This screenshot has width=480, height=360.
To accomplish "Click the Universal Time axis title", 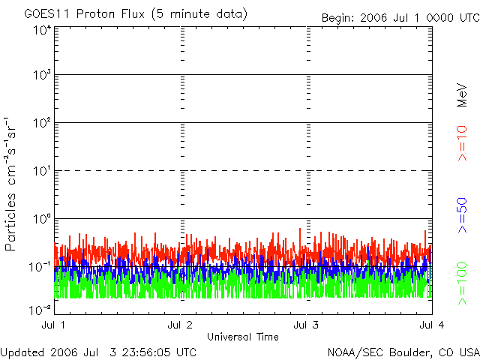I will (x=242, y=337).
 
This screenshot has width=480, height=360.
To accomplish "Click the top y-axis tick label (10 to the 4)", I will (x=41, y=30).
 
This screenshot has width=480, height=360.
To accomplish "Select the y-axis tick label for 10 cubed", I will (x=41, y=76).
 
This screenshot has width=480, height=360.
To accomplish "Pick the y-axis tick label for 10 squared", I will (x=41, y=124).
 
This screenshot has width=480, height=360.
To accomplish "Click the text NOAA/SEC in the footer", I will (x=353, y=352).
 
